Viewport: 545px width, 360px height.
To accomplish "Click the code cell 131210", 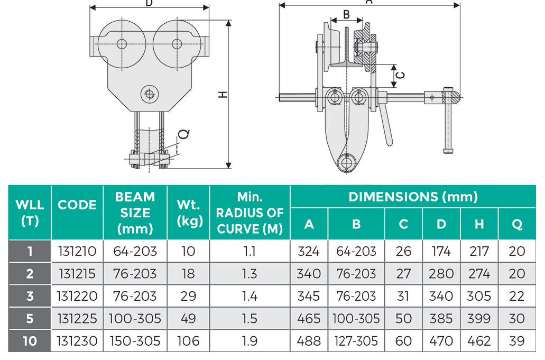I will tap(77, 251).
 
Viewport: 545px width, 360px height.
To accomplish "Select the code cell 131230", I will tap(77, 341).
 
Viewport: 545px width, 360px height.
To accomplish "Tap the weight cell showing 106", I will tap(188, 341).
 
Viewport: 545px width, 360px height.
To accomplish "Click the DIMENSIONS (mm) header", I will tap(413, 197).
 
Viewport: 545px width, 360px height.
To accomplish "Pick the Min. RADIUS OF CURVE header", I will tap(250, 213).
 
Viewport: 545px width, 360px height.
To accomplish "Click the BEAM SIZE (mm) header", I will tap(135, 213).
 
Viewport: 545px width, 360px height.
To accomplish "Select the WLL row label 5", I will tap(30, 319).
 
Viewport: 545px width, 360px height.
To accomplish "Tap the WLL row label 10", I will tap(30, 341).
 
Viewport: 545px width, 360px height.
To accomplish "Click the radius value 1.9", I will tap(250, 341).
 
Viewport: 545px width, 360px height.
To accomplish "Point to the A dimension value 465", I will tap(309, 319).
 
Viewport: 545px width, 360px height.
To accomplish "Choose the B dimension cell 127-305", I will tap(356, 341).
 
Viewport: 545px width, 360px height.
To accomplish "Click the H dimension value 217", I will tap(479, 251).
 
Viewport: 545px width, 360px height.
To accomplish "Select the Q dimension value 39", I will tap(516, 341).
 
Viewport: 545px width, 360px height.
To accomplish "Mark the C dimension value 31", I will tap(403, 296).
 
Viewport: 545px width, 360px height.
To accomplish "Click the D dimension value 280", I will tap(441, 274).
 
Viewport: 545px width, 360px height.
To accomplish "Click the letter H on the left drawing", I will tap(224, 95).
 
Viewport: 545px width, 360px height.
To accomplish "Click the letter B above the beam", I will tap(346, 14).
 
